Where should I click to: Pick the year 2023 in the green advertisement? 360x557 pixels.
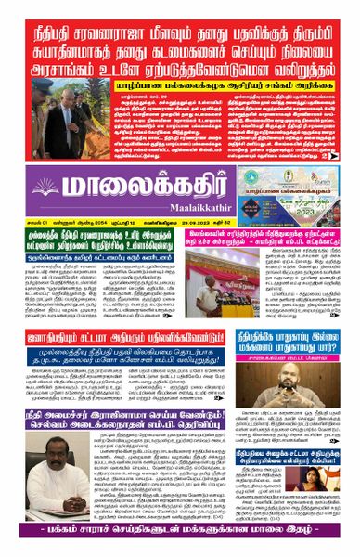pyautogui.click(x=323, y=209)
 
